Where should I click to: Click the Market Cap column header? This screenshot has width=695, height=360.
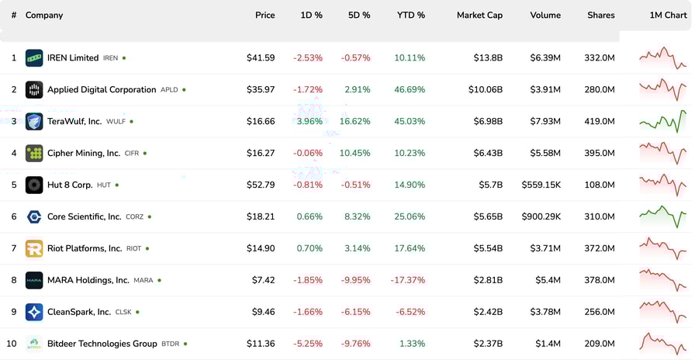pos(479,16)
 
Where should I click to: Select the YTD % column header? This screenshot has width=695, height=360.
pos(410,16)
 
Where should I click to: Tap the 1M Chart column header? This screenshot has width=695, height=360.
pos(668,16)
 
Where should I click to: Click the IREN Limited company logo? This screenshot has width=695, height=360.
pos(34,58)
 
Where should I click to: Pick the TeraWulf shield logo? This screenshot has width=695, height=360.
pos(34,122)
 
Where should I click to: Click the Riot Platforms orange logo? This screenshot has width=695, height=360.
pos(34,248)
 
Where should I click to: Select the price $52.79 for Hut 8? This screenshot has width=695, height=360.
pos(261,185)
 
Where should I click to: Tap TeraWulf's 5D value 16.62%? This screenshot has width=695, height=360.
pos(355,122)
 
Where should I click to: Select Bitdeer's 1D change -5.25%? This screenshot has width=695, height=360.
pos(308,344)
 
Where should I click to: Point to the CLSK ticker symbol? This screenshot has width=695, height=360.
pos(123,312)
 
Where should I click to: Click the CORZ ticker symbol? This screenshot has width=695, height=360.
pos(134,217)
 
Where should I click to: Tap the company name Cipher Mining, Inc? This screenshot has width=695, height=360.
pos(84,154)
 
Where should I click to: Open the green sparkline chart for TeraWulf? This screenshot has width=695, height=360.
pos(662,121)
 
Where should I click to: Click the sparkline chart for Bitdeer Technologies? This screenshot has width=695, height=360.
pos(662,343)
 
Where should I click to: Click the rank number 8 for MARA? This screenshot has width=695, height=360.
pos(14,280)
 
